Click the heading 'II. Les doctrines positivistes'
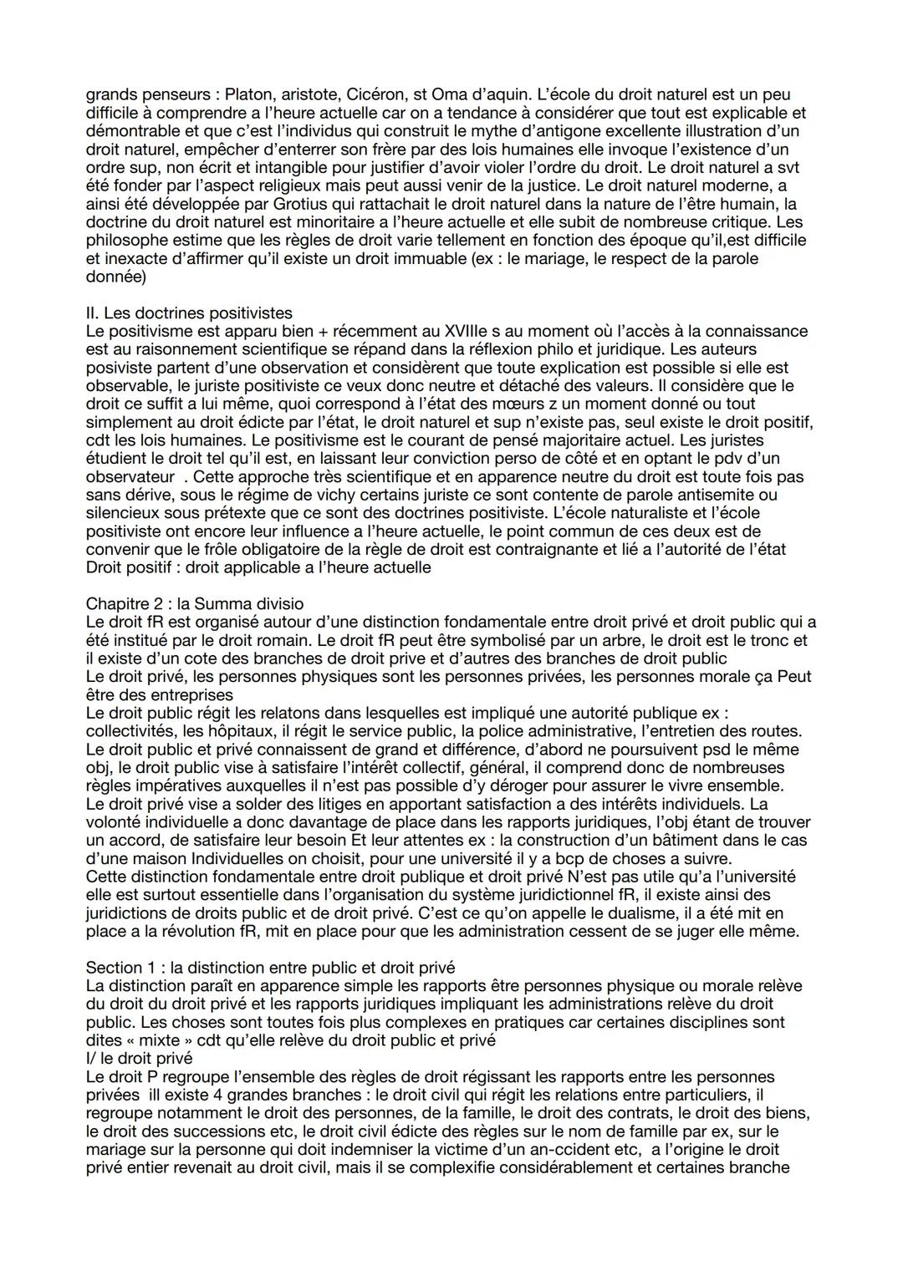(189, 313)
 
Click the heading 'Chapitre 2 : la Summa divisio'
(195, 603)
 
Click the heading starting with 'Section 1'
(270, 968)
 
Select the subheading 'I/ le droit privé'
(139, 1058)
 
